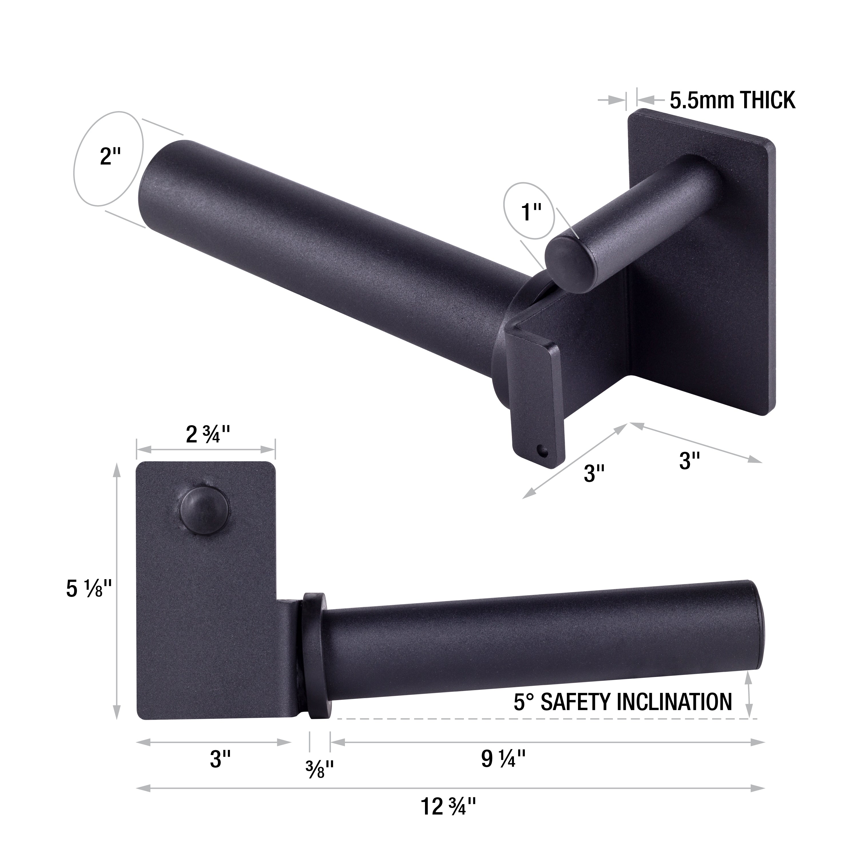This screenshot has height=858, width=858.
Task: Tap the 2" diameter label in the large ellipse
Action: click(110, 157)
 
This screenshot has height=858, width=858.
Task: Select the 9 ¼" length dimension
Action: click(503, 758)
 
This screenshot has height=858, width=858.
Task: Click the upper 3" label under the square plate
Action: click(690, 460)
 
